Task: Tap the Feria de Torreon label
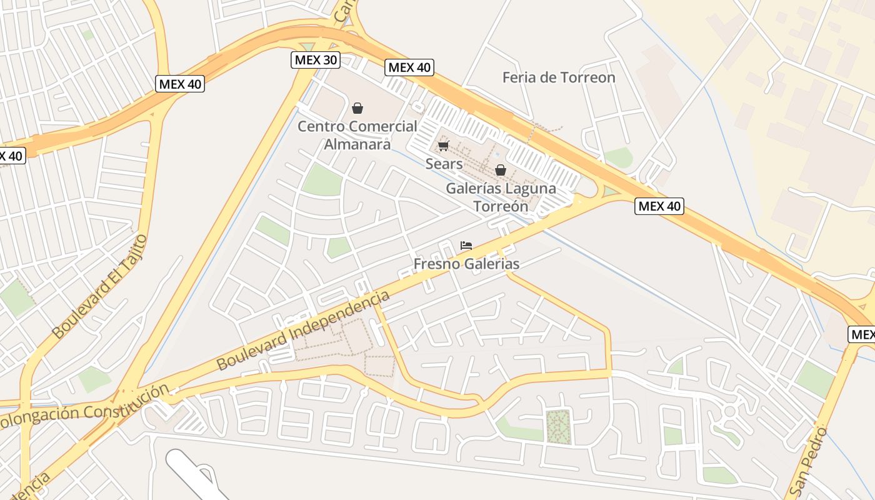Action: tap(559, 77)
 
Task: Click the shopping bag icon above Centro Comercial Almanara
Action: tap(357, 109)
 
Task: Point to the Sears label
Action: tap(444, 164)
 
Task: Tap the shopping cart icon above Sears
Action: tap(443, 146)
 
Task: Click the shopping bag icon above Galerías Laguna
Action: tap(501, 170)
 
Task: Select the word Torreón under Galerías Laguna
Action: tap(500, 206)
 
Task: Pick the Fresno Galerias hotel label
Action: tap(466, 264)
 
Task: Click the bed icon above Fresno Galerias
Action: tap(466, 246)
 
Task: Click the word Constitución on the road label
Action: tap(131, 401)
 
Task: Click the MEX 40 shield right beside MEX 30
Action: tap(409, 67)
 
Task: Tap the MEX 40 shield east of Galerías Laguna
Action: tap(659, 206)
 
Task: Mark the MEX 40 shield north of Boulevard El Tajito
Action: tap(180, 84)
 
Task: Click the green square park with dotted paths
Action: tap(558, 427)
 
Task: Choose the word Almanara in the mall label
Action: tap(357, 144)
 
